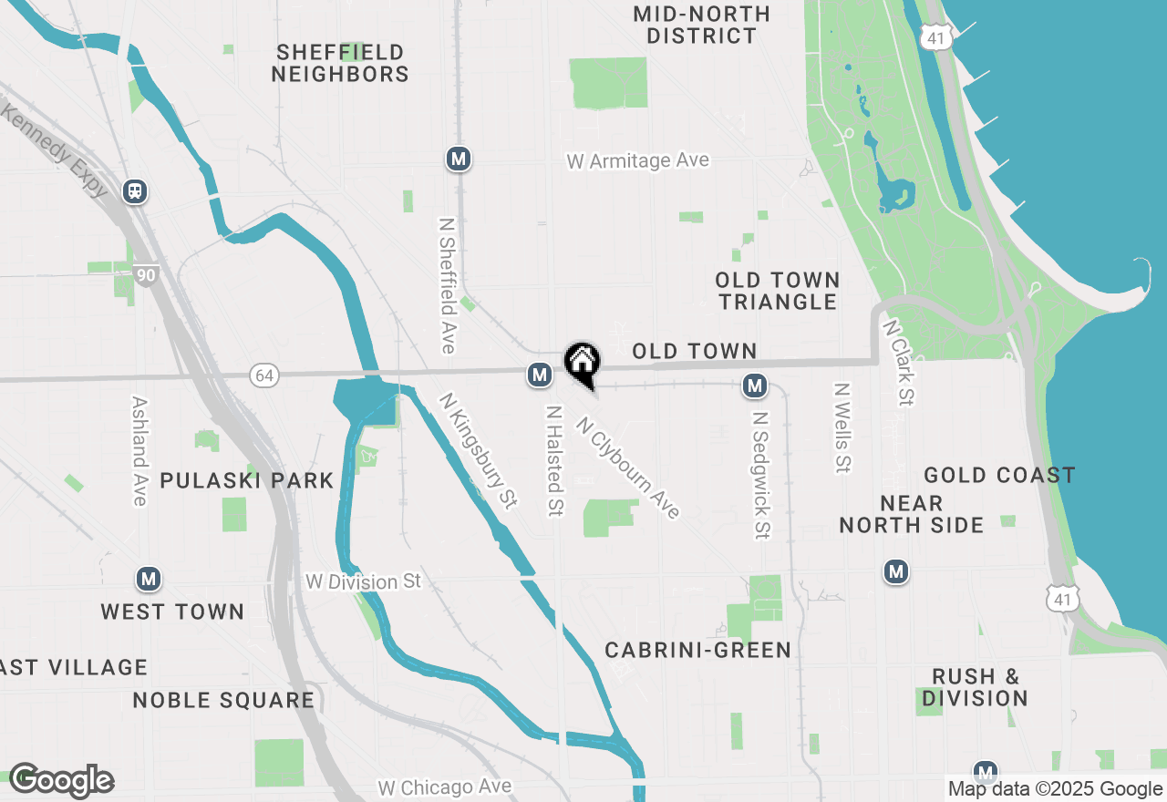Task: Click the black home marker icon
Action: point(582,363)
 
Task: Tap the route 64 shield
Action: point(263,375)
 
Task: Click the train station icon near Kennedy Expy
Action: point(135,191)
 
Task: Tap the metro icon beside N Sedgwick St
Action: point(754,386)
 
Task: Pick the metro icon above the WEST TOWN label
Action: point(149,579)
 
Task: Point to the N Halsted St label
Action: point(553,460)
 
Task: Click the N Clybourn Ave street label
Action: point(629,468)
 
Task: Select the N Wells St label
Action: point(842,427)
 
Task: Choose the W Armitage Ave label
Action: point(637,161)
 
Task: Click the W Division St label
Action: point(364,581)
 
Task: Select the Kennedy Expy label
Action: point(54,150)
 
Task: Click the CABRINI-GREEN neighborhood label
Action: point(698,650)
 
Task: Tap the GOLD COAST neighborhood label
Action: point(999,475)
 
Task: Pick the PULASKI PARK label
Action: point(246,480)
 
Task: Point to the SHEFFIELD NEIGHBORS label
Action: point(340,63)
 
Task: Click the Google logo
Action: point(61,781)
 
